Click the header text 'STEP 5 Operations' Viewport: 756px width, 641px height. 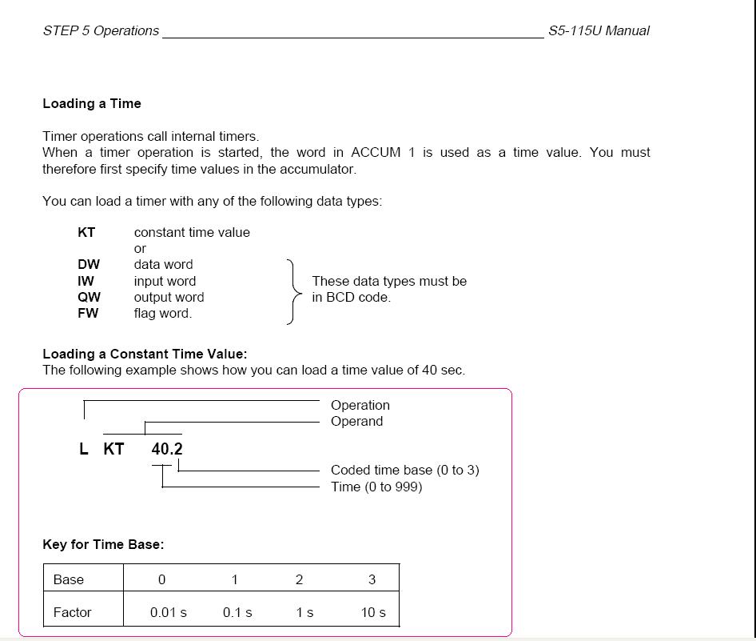click(101, 31)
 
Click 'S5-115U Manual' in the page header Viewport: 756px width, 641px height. click(599, 31)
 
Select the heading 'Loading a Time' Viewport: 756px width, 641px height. click(92, 103)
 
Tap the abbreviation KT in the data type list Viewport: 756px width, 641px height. click(86, 232)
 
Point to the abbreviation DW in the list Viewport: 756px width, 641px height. click(89, 264)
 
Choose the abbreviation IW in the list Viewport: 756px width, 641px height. click(86, 281)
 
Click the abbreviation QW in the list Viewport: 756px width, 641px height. click(89, 297)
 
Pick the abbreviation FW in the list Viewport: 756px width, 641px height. click(88, 313)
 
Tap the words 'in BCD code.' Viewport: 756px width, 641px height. click(351, 297)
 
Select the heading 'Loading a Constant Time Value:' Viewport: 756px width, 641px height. click(145, 354)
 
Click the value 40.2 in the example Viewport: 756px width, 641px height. click(167, 449)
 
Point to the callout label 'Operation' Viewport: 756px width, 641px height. click(360, 405)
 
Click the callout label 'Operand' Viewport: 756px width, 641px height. click(356, 421)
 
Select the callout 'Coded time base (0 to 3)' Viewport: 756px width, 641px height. click(404, 470)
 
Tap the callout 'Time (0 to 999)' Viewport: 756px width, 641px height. click(376, 487)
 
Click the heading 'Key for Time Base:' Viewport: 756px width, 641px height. click(103, 544)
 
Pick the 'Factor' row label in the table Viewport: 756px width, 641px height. click(72, 612)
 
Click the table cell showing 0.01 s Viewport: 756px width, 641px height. click(169, 612)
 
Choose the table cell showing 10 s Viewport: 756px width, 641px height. click(373, 612)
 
